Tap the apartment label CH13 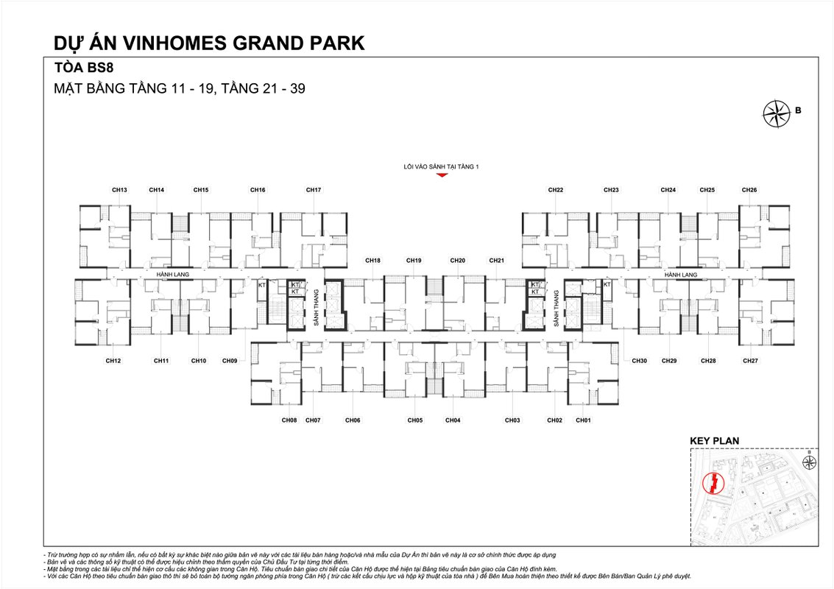119,190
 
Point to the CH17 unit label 314,190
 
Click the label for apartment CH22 556,190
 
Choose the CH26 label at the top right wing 749,190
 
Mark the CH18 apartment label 373,261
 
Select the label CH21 497,261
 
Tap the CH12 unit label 113,361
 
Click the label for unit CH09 230,361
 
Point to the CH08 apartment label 289,420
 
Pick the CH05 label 415,420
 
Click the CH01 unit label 584,420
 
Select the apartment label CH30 639,361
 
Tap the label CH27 750,361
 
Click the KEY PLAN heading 714,441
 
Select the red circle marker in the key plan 713,483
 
